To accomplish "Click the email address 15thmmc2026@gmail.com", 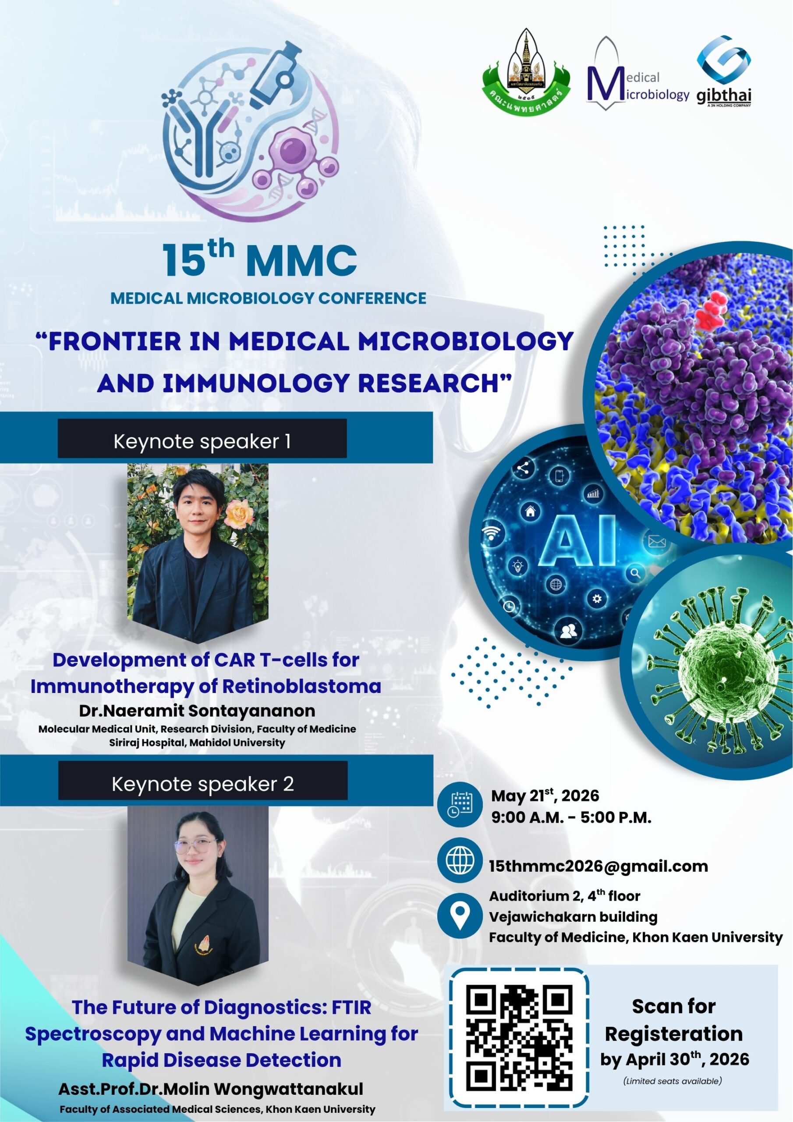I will pyautogui.click(x=598, y=866).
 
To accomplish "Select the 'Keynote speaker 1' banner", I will pyautogui.click(x=202, y=441).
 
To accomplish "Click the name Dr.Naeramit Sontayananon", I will pyautogui.click(x=197, y=710).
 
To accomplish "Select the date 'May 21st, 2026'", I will pyautogui.click(x=545, y=795).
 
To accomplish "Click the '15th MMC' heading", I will pyautogui.click(x=259, y=259).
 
